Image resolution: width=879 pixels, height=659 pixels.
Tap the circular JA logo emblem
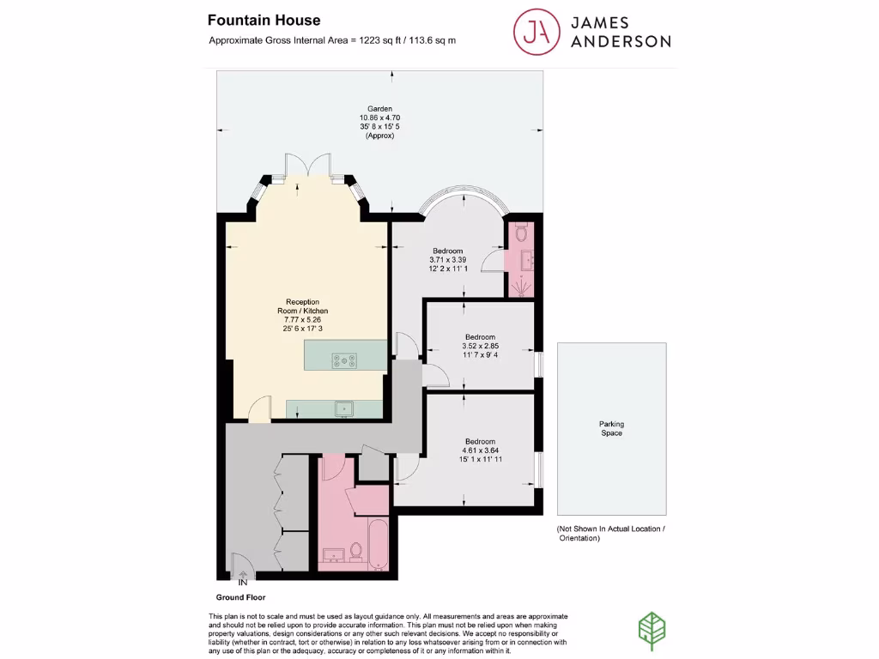[532, 31]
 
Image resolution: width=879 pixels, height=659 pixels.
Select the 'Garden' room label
[381, 109]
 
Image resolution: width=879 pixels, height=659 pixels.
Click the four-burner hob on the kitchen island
[347, 361]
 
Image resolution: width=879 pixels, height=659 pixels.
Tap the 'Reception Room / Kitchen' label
[302, 306]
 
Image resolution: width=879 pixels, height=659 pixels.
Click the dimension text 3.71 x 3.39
[447, 259]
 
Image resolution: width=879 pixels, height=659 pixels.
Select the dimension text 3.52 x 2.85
[480, 347]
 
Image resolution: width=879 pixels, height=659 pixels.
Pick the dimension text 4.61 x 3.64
[480, 450]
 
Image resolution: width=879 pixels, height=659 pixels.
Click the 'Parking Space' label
[611, 428]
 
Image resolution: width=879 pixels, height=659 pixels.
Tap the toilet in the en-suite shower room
[519, 232]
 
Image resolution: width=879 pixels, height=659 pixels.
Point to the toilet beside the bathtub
[357, 549]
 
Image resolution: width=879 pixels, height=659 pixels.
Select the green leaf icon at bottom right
[652, 628]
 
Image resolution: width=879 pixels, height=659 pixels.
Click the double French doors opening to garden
[307, 166]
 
